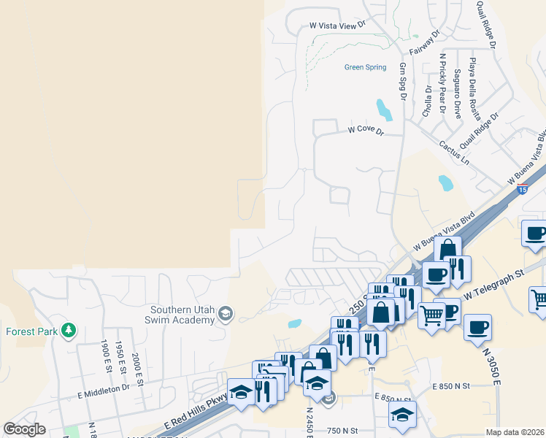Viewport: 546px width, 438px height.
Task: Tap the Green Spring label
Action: point(365,68)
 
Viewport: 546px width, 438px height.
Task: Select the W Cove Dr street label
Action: point(366,129)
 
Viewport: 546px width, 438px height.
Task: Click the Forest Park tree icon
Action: point(69,330)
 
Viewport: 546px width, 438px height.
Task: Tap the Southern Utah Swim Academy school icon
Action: point(226,314)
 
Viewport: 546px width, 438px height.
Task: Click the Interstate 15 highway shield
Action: point(523,190)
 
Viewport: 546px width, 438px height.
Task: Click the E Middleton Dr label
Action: point(103,388)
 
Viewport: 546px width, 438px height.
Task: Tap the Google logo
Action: point(24,429)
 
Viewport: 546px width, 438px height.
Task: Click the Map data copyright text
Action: point(515,432)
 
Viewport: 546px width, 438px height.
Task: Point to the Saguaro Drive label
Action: point(457,94)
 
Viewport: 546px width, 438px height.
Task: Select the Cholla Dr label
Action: point(428,102)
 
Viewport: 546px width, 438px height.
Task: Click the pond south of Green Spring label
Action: point(383,109)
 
